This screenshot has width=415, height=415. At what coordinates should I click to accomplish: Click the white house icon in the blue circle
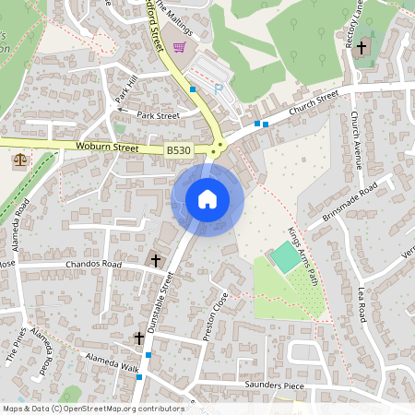pos(207,199)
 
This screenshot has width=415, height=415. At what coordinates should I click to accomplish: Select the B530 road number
pos(178,149)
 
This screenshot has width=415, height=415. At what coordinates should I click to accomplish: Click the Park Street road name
pos(158,116)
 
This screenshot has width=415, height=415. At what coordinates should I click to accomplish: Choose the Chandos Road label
pos(93,265)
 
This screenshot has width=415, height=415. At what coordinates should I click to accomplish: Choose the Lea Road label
pos(362,303)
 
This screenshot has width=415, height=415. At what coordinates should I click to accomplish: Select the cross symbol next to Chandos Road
pos(155,260)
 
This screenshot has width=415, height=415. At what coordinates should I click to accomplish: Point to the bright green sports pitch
pos(287,257)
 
